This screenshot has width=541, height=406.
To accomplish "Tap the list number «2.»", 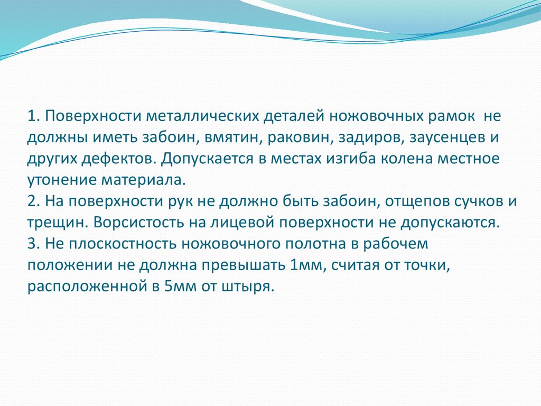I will [35, 201].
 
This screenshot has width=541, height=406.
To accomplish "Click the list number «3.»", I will [35, 244].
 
